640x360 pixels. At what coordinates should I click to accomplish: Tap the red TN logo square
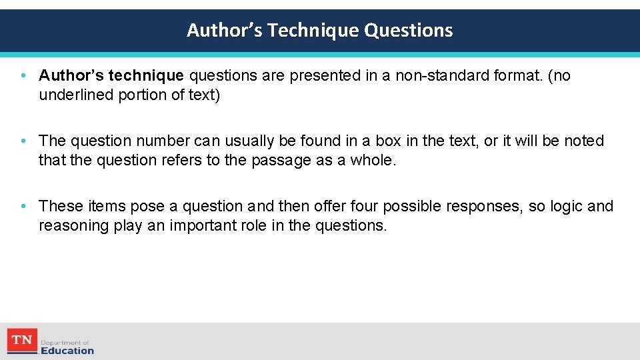pyautogui.click(x=22, y=341)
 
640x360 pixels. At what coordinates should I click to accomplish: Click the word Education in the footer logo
pyautogui.click(x=67, y=351)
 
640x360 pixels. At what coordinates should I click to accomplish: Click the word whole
pyautogui.click(x=375, y=160)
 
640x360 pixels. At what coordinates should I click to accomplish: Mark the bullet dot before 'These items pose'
pyautogui.click(x=23, y=206)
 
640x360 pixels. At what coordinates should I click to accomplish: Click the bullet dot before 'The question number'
pyautogui.click(x=23, y=141)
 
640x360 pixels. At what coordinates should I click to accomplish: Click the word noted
pyautogui.click(x=583, y=141)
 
